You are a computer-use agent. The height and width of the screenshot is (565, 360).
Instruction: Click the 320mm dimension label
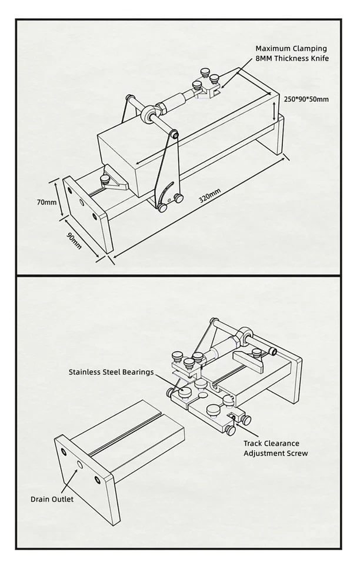209,195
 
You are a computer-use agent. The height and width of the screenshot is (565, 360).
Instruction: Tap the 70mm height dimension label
46,202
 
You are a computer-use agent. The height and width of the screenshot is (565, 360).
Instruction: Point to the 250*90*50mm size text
306,99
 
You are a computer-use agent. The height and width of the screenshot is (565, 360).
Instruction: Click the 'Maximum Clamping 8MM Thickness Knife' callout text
291,53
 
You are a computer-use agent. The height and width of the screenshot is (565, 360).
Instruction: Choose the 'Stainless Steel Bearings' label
111,372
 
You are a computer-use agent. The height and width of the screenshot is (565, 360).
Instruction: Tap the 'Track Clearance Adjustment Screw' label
275,448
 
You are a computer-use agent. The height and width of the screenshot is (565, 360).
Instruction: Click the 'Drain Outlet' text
52,499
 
